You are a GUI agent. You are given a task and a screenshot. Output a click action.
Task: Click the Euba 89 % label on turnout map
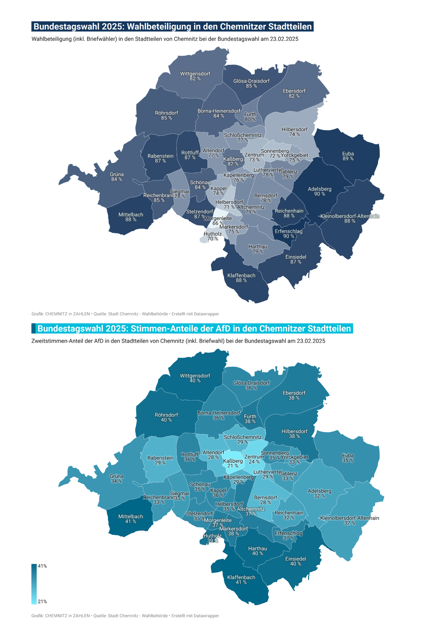pyautogui.click(x=348, y=156)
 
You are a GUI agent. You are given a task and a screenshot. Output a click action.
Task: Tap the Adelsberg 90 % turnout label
pyautogui.click(x=319, y=191)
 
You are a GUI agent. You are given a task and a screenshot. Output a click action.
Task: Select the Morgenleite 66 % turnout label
pyautogui.click(x=218, y=221)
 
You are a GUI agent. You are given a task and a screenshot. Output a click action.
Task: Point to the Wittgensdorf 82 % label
pyautogui.click(x=195, y=76)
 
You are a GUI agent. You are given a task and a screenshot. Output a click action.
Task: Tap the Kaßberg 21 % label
pyautogui.click(x=233, y=463)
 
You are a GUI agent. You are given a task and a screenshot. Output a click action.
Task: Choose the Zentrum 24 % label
pyautogui.click(x=254, y=459)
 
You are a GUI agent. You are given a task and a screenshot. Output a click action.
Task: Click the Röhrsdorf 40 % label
pyautogui.click(x=166, y=417)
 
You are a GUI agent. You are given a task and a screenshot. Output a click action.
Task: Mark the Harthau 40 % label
pyautogui.click(x=257, y=551)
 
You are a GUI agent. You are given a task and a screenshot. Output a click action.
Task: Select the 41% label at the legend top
pyautogui.click(x=42, y=566)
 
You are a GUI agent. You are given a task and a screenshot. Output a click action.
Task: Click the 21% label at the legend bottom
pyautogui.click(x=42, y=601)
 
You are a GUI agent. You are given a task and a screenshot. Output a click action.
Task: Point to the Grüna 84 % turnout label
pyautogui.click(x=117, y=177)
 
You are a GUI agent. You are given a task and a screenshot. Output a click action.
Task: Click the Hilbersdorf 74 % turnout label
pyautogui.click(x=295, y=132)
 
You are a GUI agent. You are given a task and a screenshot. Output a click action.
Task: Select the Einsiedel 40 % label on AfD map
pyautogui.click(x=295, y=561)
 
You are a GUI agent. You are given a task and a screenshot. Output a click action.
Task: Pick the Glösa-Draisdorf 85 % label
pyautogui.click(x=251, y=83)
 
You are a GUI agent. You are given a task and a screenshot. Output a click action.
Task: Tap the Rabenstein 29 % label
pyautogui.click(x=160, y=460)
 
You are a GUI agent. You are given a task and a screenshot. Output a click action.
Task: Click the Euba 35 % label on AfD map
pyautogui.click(x=348, y=458)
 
